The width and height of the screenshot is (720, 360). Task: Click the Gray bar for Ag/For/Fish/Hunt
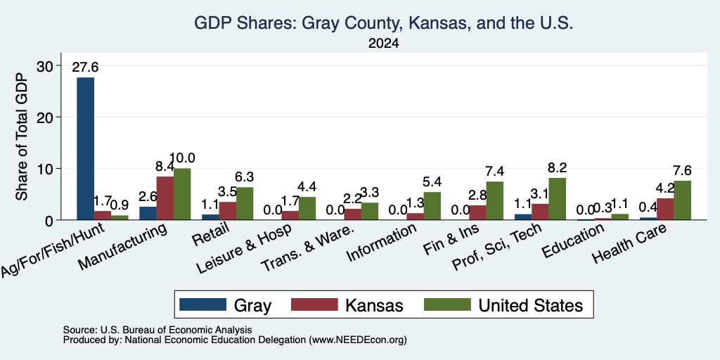85,149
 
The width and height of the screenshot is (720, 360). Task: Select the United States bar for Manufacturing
182,194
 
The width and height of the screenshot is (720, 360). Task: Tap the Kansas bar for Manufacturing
165,198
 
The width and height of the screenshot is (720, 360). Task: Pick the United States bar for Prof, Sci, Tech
558,199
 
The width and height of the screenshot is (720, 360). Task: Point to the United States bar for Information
432,206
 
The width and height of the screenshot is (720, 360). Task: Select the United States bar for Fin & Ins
495,200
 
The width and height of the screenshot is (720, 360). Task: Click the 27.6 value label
85,67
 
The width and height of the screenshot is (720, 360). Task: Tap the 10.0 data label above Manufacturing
182,158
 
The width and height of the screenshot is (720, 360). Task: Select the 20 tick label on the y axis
45,117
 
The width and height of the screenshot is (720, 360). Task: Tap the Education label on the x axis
573,241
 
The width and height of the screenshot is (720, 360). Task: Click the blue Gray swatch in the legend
202,304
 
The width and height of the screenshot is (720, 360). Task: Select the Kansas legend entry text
374,305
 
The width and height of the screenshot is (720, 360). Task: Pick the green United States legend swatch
447,304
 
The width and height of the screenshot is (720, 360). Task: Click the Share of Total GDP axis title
22,137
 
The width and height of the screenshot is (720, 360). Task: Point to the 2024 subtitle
383,44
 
